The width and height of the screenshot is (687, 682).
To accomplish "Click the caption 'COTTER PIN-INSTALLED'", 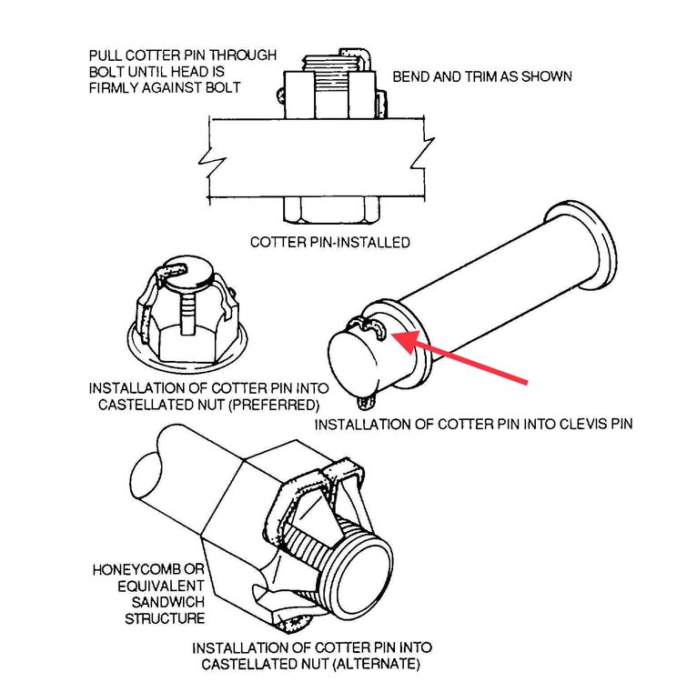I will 330,243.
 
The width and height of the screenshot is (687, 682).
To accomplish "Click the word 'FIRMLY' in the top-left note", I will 115,87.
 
